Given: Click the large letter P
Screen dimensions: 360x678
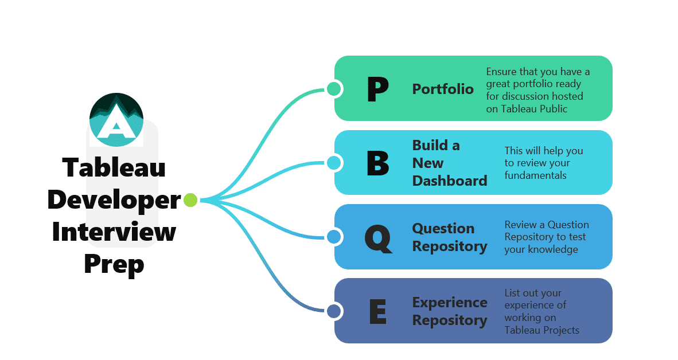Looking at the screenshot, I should (377, 89).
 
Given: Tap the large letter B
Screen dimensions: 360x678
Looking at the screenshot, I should (377, 163).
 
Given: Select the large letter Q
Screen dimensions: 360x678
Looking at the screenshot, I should (378, 237).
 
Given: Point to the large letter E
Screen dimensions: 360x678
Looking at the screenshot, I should (377, 311).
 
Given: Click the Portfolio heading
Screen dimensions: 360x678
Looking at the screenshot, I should (443, 89).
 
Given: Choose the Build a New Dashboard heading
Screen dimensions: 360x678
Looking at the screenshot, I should (449, 163).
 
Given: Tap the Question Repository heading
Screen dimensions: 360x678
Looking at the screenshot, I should (449, 237).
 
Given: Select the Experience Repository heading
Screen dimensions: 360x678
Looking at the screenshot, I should (449, 311).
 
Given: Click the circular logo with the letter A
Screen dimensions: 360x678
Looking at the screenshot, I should (116, 119).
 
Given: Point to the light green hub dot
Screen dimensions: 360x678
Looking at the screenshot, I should (190, 200).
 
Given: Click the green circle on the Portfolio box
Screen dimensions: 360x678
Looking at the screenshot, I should (334, 89).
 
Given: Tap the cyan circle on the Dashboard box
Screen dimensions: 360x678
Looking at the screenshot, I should (334, 163).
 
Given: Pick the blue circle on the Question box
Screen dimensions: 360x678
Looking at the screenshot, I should (334, 237).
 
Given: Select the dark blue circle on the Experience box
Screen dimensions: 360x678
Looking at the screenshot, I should (334, 311).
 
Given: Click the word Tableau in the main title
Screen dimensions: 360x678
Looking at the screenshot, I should (114, 167).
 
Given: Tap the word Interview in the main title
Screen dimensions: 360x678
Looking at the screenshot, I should (114, 232).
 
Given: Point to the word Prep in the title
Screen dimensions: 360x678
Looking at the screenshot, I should (114, 264).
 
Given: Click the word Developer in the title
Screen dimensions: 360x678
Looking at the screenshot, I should (114, 199).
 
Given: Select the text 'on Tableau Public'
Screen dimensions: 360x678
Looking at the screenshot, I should (527, 108).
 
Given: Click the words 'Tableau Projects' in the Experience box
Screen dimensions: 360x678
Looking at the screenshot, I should (541, 330).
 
